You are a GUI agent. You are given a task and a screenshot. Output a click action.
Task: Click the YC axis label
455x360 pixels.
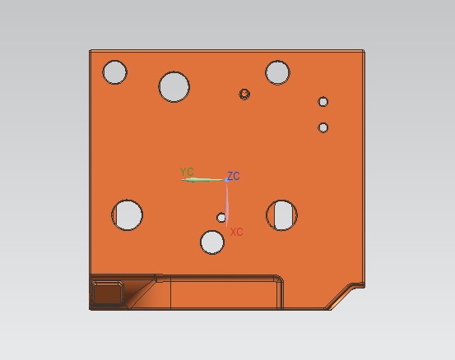point(187,172)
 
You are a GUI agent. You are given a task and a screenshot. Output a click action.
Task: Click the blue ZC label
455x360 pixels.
point(234,176)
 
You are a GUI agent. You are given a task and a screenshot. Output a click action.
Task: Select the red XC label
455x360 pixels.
point(236,232)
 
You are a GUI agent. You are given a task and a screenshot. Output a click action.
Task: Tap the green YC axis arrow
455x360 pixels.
point(203,180)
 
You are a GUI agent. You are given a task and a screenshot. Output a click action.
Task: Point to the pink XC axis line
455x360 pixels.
point(227,204)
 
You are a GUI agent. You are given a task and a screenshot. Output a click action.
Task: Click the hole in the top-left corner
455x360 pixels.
point(115,72)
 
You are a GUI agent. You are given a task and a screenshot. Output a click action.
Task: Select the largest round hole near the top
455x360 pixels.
point(174,86)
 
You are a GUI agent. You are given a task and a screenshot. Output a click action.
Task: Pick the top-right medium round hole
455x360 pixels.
point(278,72)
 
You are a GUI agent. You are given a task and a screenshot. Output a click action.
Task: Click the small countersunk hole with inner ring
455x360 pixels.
point(244,94)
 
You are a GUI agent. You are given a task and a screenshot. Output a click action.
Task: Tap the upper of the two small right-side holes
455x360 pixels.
point(323,102)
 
